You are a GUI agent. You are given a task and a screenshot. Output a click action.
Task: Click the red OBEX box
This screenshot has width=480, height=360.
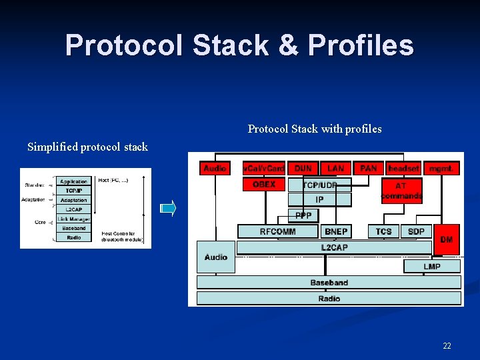(264, 184)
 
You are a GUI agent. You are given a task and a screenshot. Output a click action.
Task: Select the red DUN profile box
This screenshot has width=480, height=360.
(303, 169)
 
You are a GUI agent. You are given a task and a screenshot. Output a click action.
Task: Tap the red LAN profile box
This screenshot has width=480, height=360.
(336, 169)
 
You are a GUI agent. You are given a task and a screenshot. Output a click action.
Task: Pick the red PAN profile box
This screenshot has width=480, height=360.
(369, 169)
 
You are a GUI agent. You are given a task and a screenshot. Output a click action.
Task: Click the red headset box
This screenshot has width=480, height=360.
(403, 169)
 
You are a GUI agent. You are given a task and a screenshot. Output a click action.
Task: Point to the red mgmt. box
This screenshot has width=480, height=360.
(441, 169)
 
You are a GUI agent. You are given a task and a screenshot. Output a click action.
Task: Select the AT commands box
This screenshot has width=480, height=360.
(401, 191)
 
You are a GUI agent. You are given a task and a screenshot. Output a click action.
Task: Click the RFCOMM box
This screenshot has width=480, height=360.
(278, 231)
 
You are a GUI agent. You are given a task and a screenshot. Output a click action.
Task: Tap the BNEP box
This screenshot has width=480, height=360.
(335, 231)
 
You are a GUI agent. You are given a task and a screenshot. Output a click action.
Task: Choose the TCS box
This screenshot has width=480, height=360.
(384, 231)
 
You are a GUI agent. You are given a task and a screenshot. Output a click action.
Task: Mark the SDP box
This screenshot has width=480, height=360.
(416, 231)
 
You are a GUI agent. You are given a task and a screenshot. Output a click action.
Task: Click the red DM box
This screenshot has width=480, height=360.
(447, 239)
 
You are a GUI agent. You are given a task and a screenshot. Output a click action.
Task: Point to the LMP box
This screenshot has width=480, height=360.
(431, 266)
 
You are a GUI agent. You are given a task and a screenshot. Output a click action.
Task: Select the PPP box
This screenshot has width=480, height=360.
(303, 215)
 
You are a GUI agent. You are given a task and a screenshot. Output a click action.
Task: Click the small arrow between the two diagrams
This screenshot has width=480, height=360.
(169, 209)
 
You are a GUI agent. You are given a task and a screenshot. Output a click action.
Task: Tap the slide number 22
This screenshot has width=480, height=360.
(447, 345)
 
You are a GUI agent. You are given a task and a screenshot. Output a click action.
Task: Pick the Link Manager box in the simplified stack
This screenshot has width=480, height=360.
(73, 219)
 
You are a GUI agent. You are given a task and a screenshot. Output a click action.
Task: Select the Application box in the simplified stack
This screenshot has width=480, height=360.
(73, 181)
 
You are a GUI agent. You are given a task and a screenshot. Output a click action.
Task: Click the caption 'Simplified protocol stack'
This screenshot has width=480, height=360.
(87, 147)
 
